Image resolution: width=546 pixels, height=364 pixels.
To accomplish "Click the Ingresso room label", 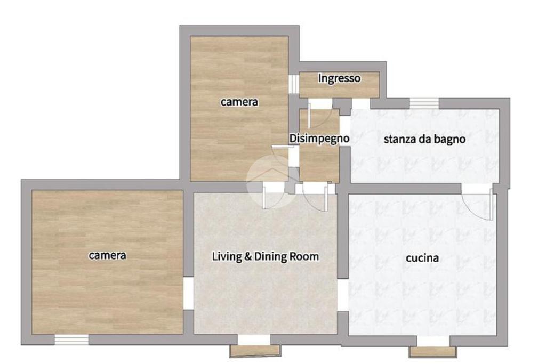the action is tap(339, 78).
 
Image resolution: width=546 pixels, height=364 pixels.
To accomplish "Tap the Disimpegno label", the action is tap(319, 138).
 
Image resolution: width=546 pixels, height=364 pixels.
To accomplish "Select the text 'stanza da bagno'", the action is tap(424, 139).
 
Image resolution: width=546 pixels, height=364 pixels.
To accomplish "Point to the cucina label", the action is tap(422, 258).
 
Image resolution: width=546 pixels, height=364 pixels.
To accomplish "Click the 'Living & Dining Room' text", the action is tap(266, 256).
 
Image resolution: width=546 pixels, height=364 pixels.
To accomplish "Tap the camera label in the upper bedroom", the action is tap(239, 102).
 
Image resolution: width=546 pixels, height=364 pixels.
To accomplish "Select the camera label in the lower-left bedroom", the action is tap(107, 255).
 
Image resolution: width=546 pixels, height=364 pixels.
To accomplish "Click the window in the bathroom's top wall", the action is tap(424, 103).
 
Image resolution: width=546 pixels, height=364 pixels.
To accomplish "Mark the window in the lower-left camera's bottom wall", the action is tap(71, 339).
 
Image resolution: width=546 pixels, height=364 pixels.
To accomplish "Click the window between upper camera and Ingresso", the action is tap(294, 84).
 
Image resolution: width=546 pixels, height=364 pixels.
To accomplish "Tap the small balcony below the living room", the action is tap(255, 351).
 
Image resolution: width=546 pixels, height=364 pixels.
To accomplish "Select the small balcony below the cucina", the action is tap(432, 351).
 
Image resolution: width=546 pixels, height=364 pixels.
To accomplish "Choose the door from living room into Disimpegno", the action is tap(316, 196).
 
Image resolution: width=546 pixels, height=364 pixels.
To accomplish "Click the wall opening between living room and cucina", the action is tap(343, 295).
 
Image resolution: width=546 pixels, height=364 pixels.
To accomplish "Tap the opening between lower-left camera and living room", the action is tap(188, 293).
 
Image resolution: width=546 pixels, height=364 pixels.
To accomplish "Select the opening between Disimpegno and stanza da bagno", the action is tap(345, 131).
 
